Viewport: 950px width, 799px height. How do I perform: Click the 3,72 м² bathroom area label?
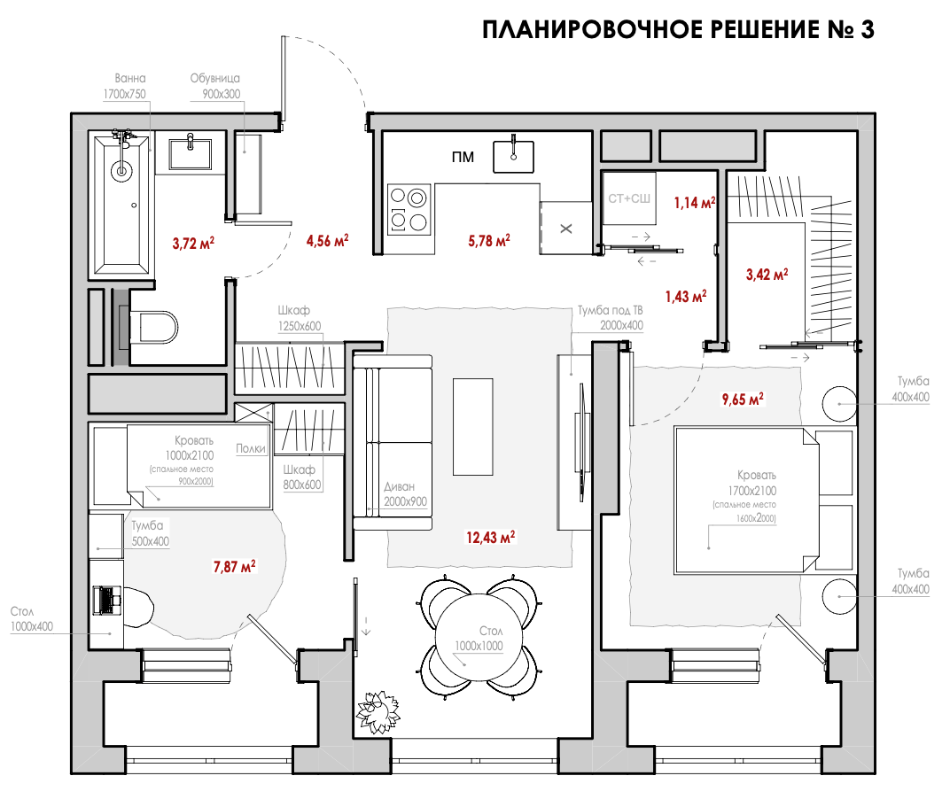(193, 243)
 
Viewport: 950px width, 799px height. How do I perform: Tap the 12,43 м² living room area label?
(490, 537)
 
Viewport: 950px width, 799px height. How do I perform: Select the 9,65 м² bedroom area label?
(743, 399)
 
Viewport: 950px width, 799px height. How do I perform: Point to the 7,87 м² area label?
(234, 566)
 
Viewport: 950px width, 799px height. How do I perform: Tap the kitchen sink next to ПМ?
(513, 156)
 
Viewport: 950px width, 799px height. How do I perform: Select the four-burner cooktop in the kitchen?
(409, 209)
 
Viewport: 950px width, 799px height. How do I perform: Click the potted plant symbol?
(378, 712)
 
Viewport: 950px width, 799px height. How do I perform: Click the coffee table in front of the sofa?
(473, 426)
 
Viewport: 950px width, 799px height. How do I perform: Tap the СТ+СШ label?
(629, 198)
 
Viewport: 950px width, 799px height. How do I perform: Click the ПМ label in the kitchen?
(463, 158)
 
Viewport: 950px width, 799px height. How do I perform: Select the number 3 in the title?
(867, 29)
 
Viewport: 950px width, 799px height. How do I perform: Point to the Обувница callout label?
(215, 78)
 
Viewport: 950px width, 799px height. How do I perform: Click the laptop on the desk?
(107, 601)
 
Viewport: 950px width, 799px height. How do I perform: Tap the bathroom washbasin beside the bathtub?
(191, 154)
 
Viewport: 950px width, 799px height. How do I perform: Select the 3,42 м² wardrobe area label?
(767, 274)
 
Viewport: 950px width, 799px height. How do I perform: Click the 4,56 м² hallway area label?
(327, 240)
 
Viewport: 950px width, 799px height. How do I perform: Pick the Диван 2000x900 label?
(405, 493)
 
